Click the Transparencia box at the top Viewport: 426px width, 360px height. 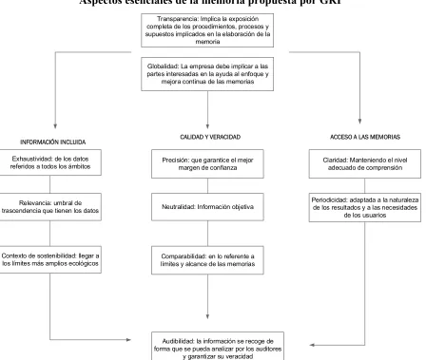207,30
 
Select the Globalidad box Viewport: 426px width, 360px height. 207,74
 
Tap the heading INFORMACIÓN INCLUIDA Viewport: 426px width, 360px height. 53,142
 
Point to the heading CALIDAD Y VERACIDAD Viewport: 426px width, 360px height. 210,137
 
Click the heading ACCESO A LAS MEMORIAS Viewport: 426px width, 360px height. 365,137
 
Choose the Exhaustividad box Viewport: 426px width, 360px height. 50,162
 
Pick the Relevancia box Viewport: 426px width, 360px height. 50,207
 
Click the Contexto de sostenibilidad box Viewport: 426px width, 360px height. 50,259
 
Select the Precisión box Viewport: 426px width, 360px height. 207,163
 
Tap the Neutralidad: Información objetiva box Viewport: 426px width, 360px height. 207,207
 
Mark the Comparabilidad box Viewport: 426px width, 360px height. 207,260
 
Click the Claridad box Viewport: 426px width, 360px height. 365,163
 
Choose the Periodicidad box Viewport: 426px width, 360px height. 365,207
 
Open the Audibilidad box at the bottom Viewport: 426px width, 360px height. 218,346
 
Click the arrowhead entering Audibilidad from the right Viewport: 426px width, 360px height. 312,345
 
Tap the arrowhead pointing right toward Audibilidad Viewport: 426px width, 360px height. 128,340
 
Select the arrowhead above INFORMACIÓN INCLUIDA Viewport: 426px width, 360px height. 55,126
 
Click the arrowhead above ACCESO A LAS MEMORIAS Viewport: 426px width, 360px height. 359,121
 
